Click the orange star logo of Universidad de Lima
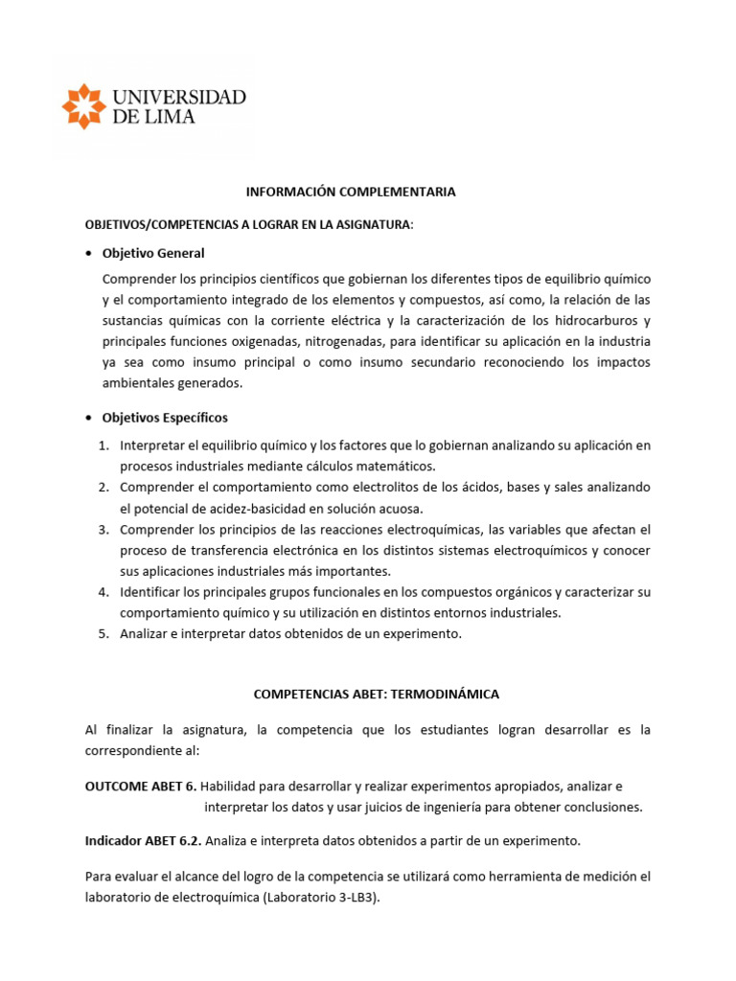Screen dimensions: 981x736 [x=84, y=106]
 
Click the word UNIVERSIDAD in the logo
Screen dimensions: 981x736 [x=179, y=97]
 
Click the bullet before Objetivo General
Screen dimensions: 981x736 [x=89, y=253]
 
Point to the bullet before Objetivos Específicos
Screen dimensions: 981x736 [x=89, y=418]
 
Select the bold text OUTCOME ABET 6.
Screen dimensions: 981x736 [x=141, y=786]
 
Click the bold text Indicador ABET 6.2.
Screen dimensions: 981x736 [x=147, y=840]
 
